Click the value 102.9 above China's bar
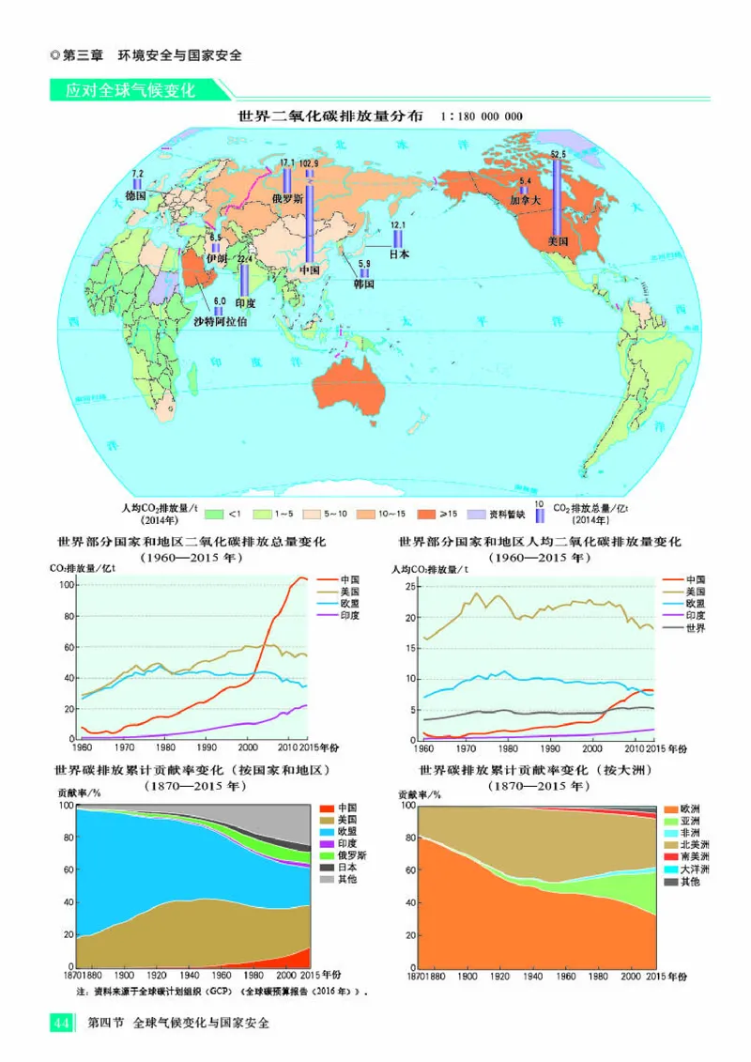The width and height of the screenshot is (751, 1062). click(309, 163)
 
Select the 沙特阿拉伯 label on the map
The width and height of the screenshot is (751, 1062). click(221, 322)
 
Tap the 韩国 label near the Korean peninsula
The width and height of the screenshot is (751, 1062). click(364, 283)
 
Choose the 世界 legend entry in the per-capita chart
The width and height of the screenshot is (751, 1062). click(695, 627)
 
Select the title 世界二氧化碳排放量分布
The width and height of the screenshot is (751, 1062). click(330, 117)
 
